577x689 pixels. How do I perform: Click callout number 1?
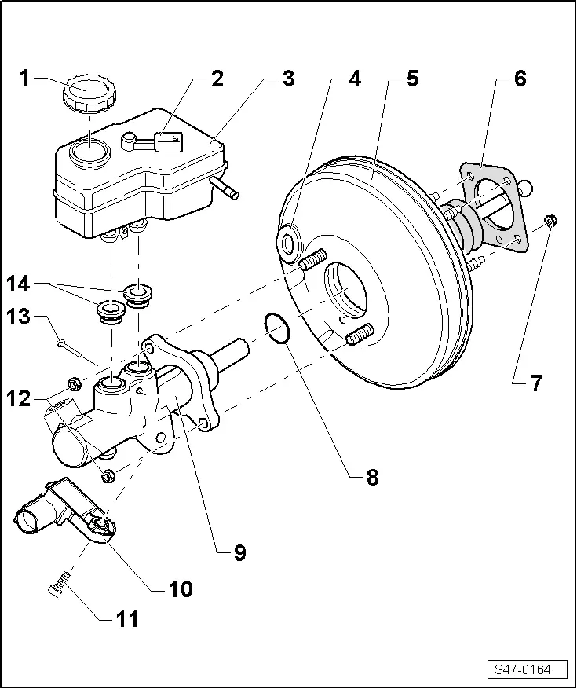25,78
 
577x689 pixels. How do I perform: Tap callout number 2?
217,78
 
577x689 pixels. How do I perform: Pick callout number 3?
289,78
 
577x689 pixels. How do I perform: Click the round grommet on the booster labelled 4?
290,240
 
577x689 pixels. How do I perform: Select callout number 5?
411,79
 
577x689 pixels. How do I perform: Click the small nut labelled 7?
550,222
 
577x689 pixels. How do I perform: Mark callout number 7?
536,383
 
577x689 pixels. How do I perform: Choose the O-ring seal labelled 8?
276,328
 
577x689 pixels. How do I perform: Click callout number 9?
239,552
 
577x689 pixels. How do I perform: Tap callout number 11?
126,618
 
